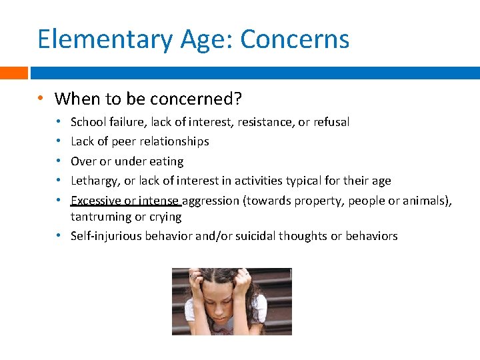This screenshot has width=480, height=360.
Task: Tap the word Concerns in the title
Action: click(295, 39)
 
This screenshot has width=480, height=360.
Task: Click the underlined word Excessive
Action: click(95, 200)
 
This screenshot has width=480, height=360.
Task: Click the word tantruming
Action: click(99, 217)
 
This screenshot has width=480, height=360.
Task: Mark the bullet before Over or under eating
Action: click(60, 161)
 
